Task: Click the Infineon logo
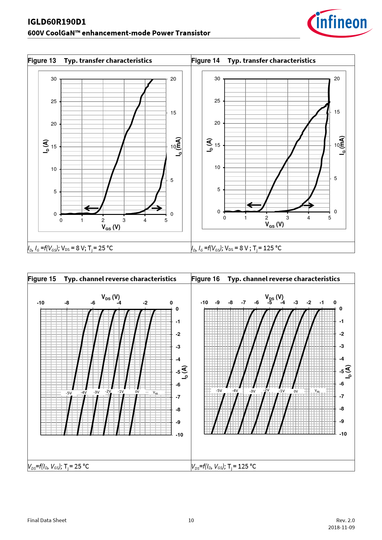click(x=339, y=23)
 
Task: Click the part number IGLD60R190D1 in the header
click(x=57, y=22)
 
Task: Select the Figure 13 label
click(x=42, y=61)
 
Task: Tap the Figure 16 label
click(x=205, y=279)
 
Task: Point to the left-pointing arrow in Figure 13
click(x=91, y=208)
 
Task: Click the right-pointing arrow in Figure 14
click(x=307, y=205)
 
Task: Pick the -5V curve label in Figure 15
click(x=69, y=393)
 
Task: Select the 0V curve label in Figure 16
click(x=296, y=391)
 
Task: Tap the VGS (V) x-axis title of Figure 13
click(x=111, y=227)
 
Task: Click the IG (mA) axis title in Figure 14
click(x=342, y=145)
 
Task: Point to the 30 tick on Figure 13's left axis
click(x=54, y=79)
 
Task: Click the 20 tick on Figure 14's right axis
click(x=337, y=79)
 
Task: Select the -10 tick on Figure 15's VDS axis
click(x=41, y=303)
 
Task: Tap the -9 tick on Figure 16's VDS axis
click(x=217, y=303)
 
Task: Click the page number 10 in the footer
click(x=191, y=520)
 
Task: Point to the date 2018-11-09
click(x=341, y=527)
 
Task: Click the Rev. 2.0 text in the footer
click(x=345, y=520)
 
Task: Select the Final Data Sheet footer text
click(x=47, y=520)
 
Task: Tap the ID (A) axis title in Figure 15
click(x=185, y=372)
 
